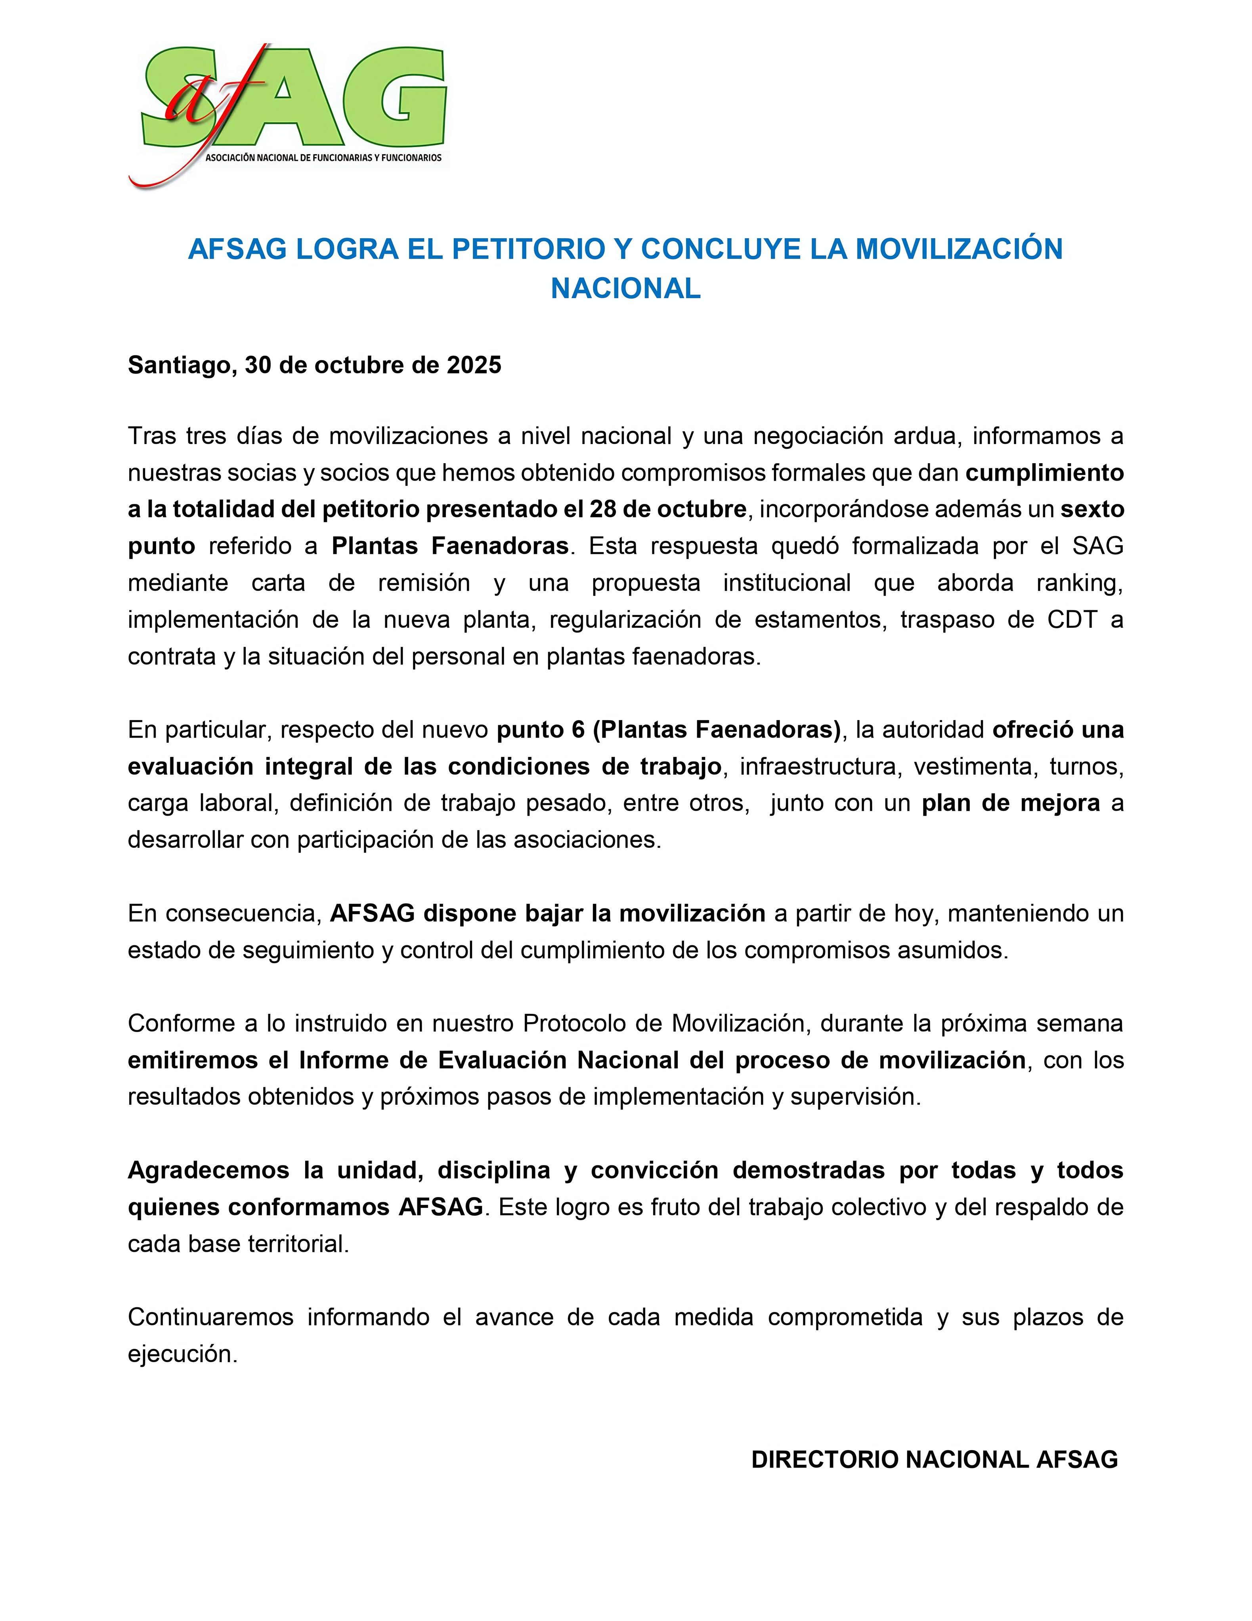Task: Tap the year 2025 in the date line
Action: coord(473,365)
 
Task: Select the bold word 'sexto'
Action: coord(1092,509)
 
